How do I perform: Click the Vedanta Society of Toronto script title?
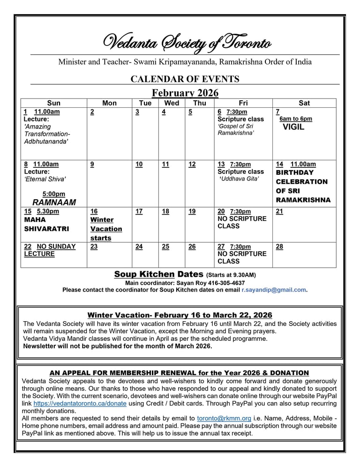tap(187, 44)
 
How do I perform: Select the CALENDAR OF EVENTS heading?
tap(185, 79)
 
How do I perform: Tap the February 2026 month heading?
tap(185, 93)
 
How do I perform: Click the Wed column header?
tap(172, 103)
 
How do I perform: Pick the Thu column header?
tap(199, 103)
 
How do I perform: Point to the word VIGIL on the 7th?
tap(293, 127)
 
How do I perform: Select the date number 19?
tap(192, 211)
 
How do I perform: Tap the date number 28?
tap(279, 247)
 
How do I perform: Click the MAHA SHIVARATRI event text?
tap(46, 224)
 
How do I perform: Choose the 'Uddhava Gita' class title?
tap(239, 179)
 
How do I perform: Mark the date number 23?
tap(94, 247)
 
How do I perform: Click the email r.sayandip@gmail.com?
tap(274, 290)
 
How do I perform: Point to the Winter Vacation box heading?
tap(180, 315)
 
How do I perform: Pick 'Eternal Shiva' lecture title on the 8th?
tap(45, 179)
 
